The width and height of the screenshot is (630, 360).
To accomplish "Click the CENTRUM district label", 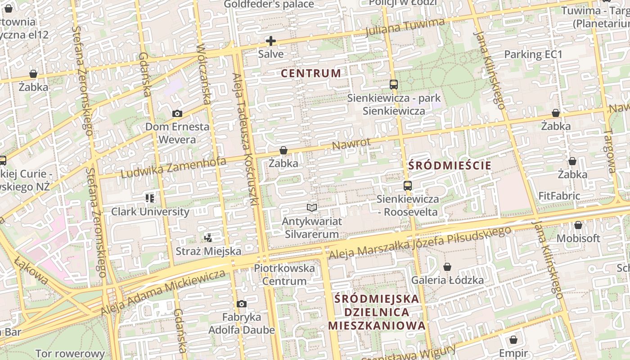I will coord(311,73).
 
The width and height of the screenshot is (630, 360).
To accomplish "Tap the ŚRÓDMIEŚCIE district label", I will coord(450,165).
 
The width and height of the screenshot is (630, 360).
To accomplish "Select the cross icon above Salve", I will coord(271,41).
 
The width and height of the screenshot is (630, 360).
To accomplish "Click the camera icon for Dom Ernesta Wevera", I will coord(177,113).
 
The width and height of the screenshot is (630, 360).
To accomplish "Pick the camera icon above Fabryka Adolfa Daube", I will coord(242,304).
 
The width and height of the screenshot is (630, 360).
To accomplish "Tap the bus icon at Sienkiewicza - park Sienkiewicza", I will coord(394,84).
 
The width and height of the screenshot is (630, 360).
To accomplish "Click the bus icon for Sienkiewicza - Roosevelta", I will coord(407,185).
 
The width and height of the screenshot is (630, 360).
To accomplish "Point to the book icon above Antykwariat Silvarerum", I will coord(312,207).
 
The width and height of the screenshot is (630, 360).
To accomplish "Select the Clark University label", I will coord(150,211).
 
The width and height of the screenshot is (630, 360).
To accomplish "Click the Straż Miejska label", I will coord(208,251).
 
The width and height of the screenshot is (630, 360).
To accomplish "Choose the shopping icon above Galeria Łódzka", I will coord(447,267).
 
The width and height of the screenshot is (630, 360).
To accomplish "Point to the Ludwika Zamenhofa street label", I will coord(173,167).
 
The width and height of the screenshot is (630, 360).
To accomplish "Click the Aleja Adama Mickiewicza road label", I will coord(163,292).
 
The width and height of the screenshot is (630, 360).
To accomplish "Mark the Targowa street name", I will coord(609,152).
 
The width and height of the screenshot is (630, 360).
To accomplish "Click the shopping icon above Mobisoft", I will coord(578,225).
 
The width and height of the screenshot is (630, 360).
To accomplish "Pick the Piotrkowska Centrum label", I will coord(284,274).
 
